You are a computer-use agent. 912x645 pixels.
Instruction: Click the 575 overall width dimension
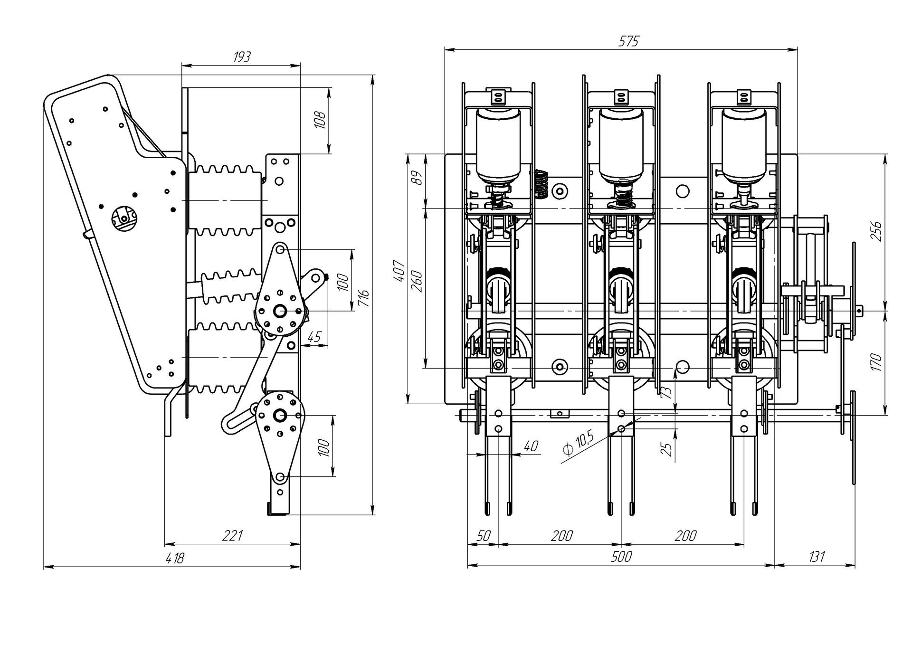point(628,41)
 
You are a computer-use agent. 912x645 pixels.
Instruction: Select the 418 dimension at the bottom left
point(174,558)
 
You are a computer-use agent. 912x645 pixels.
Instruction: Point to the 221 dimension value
point(233,536)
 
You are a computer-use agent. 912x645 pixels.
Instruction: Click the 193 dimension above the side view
point(242,57)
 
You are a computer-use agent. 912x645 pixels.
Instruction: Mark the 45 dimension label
point(313,337)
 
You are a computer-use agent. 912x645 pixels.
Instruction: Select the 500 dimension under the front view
point(621,557)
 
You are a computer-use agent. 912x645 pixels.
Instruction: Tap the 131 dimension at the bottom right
point(816,557)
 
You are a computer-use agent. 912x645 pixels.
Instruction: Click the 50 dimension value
point(483,536)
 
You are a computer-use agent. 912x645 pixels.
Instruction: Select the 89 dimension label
point(417,179)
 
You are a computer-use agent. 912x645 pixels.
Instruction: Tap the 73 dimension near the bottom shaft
point(667,391)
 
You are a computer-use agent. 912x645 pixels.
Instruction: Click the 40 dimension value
point(531,446)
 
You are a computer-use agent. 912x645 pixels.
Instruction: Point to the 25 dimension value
point(667,449)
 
